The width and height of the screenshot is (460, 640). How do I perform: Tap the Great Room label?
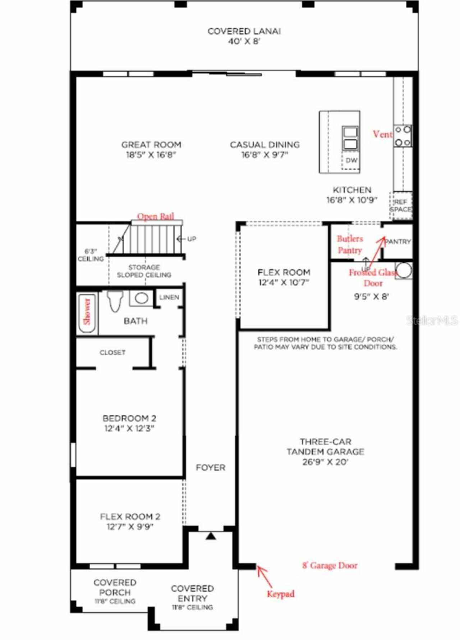click(x=151, y=145)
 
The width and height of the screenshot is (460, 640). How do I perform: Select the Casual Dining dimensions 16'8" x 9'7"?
click(x=265, y=155)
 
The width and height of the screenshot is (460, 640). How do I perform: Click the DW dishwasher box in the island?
click(x=351, y=160)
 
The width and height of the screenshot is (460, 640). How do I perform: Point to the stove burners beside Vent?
click(x=402, y=136)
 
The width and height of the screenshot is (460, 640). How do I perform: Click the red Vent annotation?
click(x=382, y=134)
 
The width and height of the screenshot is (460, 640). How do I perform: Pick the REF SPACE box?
click(x=401, y=206)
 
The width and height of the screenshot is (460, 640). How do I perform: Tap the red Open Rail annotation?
click(x=156, y=217)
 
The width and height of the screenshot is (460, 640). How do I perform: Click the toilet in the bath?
click(x=115, y=301)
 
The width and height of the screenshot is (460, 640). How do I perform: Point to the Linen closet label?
click(x=169, y=297)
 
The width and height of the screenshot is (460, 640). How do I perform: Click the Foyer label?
click(x=211, y=468)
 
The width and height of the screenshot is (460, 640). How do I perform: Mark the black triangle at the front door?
click(x=211, y=536)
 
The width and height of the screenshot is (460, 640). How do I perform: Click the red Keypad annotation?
click(x=281, y=594)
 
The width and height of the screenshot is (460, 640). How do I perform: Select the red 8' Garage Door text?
click(x=330, y=566)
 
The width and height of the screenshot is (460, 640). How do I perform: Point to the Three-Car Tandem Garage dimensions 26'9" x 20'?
click(x=325, y=462)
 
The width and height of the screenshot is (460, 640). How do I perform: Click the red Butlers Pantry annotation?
click(x=350, y=245)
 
